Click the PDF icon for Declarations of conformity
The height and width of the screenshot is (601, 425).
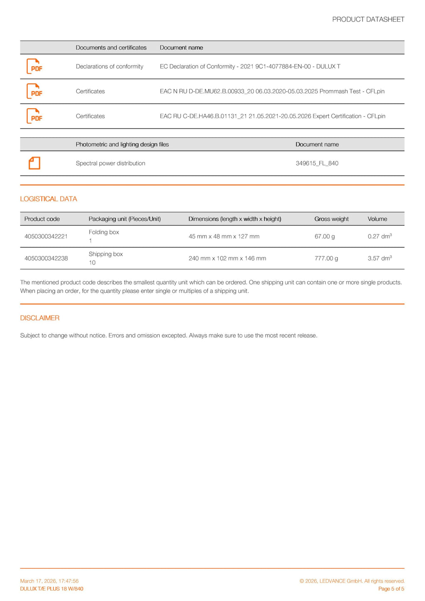tap(34, 66)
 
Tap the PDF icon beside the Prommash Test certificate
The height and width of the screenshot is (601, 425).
tap(34, 91)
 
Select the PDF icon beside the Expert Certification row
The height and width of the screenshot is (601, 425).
tap(34, 116)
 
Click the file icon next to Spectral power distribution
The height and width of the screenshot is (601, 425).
tap(34, 163)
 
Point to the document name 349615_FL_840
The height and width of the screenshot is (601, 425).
tap(317, 163)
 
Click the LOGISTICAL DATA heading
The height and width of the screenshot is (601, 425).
tap(49, 199)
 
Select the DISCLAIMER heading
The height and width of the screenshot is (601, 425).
tap(40, 318)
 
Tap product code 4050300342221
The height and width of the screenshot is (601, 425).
tap(46, 236)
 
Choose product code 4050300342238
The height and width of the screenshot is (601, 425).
tap(46, 258)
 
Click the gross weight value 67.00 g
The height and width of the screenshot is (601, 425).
tap(325, 236)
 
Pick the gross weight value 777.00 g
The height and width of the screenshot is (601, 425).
tap(326, 258)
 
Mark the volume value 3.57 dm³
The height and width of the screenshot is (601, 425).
tap(379, 258)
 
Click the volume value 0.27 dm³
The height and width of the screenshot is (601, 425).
tap(379, 236)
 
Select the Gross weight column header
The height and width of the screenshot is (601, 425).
tap(331, 219)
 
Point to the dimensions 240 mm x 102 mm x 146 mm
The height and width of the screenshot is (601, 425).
tap(227, 258)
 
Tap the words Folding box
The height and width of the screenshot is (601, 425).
tap(104, 232)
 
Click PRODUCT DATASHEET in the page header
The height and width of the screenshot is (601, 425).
tap(368, 19)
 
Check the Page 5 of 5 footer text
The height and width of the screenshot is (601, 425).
tap(391, 589)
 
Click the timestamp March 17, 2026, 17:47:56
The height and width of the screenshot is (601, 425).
tap(49, 581)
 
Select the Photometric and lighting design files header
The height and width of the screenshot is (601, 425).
tap(122, 144)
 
